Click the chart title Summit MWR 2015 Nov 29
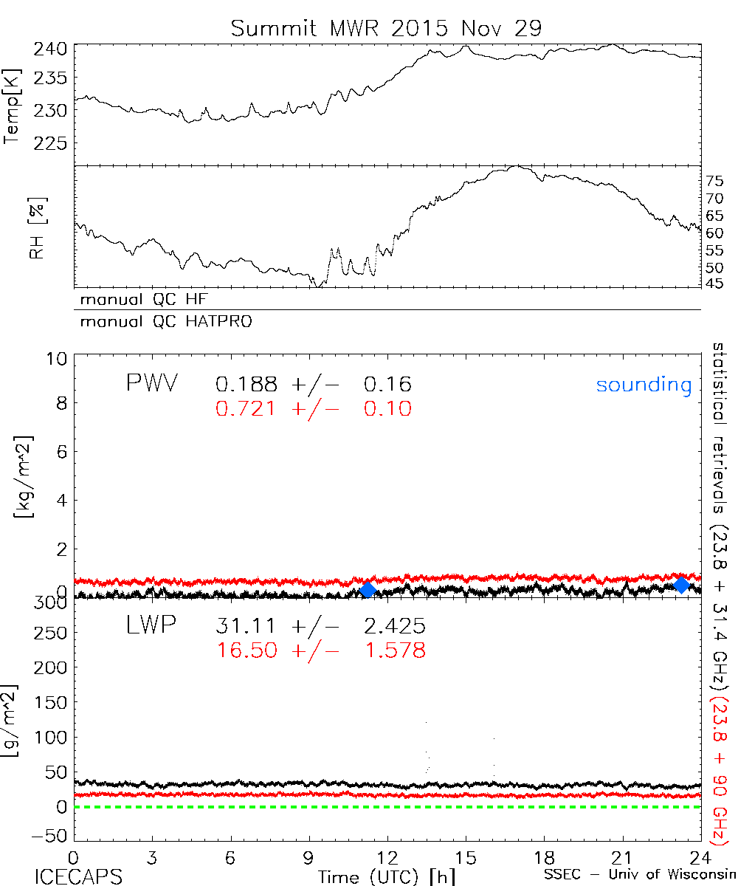pyautogui.click(x=386, y=28)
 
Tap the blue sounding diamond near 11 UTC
pyautogui.click(x=368, y=589)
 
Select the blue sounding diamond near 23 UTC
pyautogui.click(x=682, y=585)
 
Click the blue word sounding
pyautogui.click(x=644, y=385)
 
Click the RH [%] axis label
pyautogui.click(x=35, y=227)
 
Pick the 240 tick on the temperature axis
pyautogui.click(x=52, y=49)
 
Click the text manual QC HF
pyautogui.click(x=139, y=300)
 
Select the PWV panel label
pyautogui.click(x=151, y=384)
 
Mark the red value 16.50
pyautogui.click(x=246, y=650)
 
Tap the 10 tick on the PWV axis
pyautogui.click(x=59, y=359)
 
